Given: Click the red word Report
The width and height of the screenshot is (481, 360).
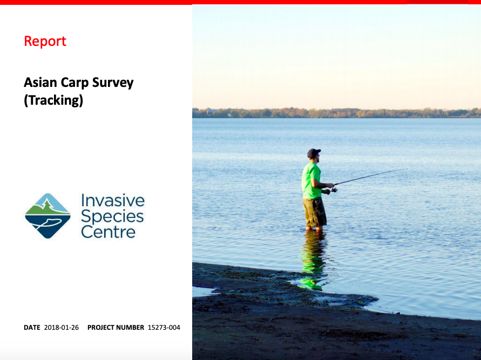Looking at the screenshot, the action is coord(45,41).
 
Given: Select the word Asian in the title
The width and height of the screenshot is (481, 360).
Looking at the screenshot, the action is coord(40,82).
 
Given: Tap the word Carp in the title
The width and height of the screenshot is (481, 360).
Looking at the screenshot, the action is coord(74,83).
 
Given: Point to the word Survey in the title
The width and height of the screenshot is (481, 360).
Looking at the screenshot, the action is coord(113,83).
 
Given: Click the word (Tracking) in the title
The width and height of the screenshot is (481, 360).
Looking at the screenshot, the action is coord(53,100).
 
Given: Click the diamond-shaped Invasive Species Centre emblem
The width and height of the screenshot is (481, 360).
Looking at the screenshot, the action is coord(48,216).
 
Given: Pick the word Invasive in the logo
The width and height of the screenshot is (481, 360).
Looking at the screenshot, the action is coord(113,201).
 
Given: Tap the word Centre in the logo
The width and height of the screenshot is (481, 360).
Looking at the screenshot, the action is coord(109,232).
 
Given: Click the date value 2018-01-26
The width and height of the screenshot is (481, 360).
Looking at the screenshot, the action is coord(62,328).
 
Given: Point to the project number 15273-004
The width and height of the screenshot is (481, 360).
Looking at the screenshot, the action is coord(164,328).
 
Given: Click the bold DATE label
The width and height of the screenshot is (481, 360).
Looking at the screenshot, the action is coord(32,328).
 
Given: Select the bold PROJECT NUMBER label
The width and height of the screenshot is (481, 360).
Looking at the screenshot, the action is coord(116,328).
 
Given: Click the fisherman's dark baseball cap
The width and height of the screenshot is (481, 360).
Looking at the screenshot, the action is coord(313,153).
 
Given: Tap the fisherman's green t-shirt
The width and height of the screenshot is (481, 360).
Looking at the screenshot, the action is coord(311,181).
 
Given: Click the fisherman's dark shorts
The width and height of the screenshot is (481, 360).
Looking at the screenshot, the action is coord(314,212).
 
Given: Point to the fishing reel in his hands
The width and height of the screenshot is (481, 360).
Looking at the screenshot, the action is coord(334,189).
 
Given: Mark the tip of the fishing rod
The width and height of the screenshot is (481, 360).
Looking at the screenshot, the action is coord(408,168).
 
